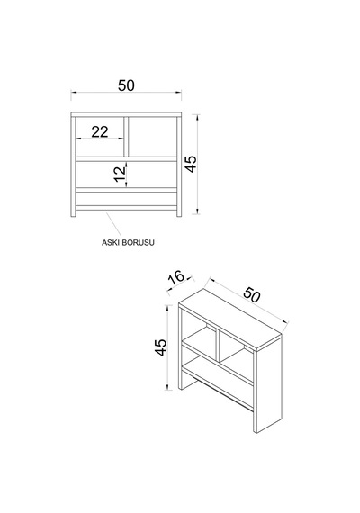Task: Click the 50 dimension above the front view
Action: click(x=126, y=85)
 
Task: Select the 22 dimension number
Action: click(x=100, y=131)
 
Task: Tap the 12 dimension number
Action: click(x=120, y=174)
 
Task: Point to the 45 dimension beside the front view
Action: click(x=191, y=164)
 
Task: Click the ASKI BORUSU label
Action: click(x=128, y=242)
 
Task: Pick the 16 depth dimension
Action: click(x=176, y=277)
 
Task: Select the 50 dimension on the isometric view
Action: click(x=252, y=294)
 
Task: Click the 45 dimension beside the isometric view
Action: click(x=161, y=347)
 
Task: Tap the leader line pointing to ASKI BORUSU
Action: click(x=113, y=224)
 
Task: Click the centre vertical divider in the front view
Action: click(x=126, y=137)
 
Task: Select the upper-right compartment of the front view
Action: click(x=152, y=137)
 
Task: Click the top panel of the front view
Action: click(x=126, y=114)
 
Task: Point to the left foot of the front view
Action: click(x=73, y=213)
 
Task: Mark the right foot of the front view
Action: click(x=179, y=213)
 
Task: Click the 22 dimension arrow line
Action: click(x=100, y=139)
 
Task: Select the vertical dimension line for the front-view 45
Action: click(x=196, y=164)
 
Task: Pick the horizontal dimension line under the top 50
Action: click(x=126, y=93)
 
